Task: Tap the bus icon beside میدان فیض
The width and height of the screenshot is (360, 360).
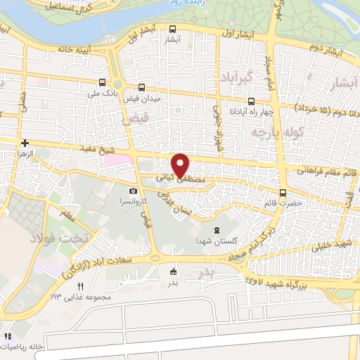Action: point(142,89)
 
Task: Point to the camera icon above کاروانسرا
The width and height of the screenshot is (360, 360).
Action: point(133,191)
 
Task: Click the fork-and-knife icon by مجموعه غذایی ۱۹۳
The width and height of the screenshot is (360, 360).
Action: point(80,286)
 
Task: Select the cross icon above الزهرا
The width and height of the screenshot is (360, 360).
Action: point(25,142)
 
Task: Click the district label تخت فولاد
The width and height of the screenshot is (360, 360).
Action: point(60,238)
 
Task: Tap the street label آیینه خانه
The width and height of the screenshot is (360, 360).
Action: point(56,51)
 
